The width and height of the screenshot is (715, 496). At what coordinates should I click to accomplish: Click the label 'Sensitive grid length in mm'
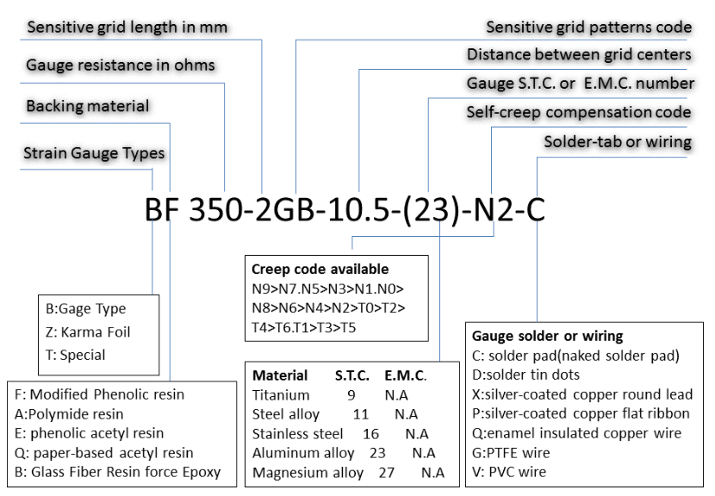tap(127, 27)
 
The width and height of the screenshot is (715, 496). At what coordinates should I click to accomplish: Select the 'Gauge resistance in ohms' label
tap(121, 65)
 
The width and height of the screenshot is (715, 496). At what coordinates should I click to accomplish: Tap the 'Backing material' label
tap(88, 106)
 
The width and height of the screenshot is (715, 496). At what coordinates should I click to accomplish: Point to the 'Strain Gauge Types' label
tap(94, 153)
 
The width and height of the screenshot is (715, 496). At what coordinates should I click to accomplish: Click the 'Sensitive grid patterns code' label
tap(588, 27)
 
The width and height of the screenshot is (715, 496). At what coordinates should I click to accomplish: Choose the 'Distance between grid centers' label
tap(579, 54)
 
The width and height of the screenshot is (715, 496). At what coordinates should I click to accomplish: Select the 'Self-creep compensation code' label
tap(578, 112)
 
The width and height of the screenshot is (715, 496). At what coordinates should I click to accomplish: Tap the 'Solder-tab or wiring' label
tap(618, 141)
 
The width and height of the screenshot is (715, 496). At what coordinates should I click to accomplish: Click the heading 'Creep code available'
tap(320, 270)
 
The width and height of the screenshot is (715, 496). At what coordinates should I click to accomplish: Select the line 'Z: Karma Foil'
tap(88, 332)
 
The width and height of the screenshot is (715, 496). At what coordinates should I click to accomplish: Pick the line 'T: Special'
tap(76, 354)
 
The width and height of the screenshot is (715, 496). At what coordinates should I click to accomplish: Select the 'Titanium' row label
tap(281, 395)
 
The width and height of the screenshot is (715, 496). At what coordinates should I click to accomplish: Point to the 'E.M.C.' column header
tap(406, 375)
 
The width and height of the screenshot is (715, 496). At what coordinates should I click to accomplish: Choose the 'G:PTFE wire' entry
tap(513, 453)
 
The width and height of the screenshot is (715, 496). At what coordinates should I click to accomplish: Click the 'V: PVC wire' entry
tap(509, 472)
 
